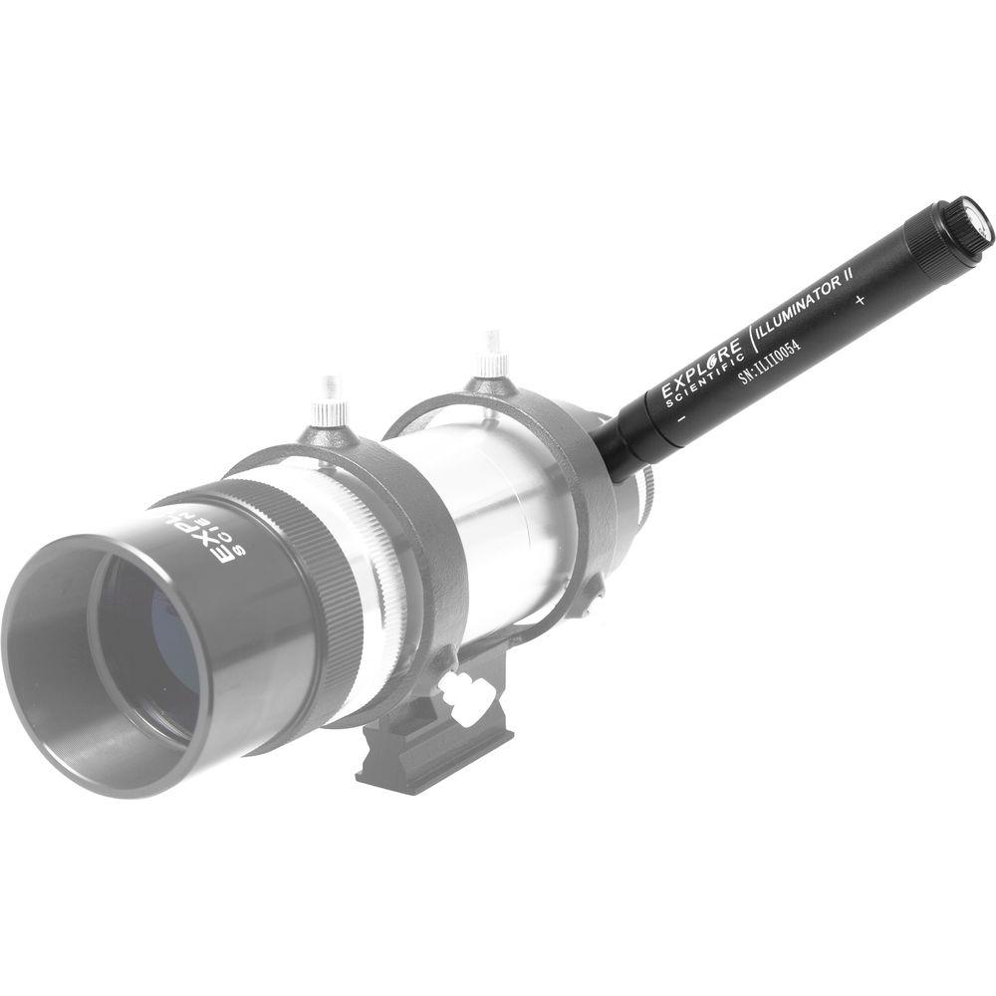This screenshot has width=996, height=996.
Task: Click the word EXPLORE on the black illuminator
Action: [702, 367]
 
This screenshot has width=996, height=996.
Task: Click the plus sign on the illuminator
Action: [860, 299]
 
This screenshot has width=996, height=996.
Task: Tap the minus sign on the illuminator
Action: [680, 420]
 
